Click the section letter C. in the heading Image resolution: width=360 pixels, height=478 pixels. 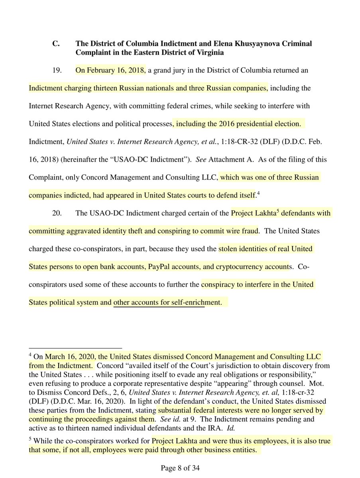click(56, 43)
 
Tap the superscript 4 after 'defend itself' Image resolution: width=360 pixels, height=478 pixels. click(258, 193)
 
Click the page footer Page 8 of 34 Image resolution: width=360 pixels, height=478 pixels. click(180, 469)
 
